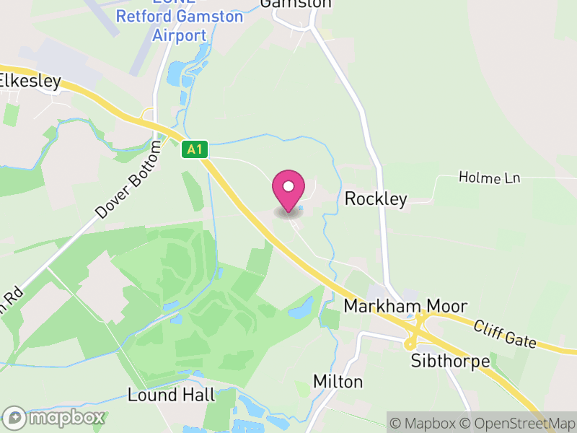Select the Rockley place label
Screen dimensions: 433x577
tap(376, 198)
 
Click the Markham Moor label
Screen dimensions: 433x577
tap(405, 306)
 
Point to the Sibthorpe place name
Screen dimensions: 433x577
tap(449, 360)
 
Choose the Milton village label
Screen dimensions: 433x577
tap(338, 381)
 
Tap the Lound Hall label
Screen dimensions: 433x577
tap(171, 395)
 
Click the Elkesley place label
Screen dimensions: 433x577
tap(29, 81)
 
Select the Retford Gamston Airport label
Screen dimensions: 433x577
tap(180, 26)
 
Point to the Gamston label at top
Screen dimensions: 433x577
tap(296, 4)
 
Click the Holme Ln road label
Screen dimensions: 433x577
tap(490, 178)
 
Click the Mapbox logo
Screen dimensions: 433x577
tap(54, 418)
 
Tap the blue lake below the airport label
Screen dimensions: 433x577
tap(175, 72)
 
